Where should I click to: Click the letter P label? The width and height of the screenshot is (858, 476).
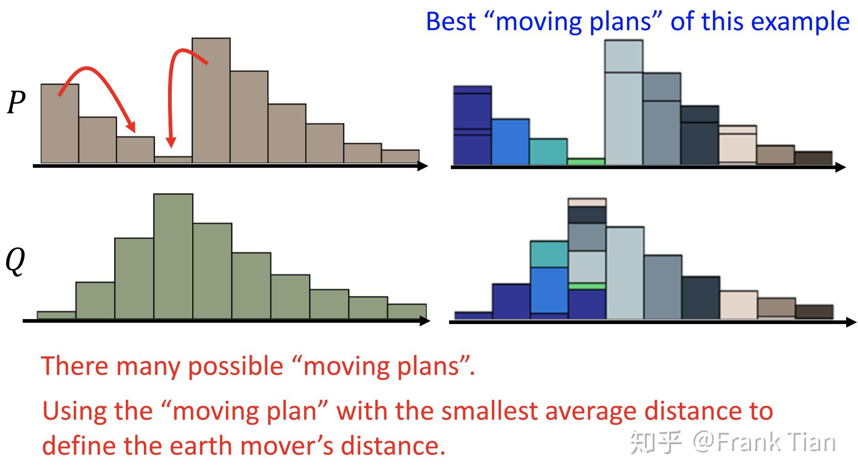tap(16, 102)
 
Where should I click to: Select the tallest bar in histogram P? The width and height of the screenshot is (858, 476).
tap(211, 100)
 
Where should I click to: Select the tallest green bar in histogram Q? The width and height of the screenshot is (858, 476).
tap(173, 256)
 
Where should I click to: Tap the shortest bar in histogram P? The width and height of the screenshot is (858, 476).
tap(173, 160)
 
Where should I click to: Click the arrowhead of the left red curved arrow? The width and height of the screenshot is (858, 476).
tap(131, 127)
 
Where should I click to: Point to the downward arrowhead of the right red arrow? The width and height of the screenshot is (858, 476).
tap(171, 142)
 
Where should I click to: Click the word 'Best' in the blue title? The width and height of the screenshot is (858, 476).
tap(451, 21)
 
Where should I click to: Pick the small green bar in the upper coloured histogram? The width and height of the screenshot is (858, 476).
tap(586, 162)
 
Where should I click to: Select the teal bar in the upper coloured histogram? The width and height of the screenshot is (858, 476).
tap(548, 152)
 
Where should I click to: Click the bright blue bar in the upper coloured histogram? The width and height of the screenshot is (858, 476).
tap(511, 142)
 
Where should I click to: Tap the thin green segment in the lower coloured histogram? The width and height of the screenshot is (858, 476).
tap(587, 286)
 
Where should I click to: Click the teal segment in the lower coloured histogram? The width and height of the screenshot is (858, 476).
tap(549, 254)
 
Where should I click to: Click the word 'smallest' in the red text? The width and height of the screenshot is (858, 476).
tap(489, 411)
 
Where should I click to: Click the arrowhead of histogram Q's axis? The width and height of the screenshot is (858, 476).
tap(424, 321)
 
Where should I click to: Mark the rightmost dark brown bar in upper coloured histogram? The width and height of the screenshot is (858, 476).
tap(813, 158)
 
